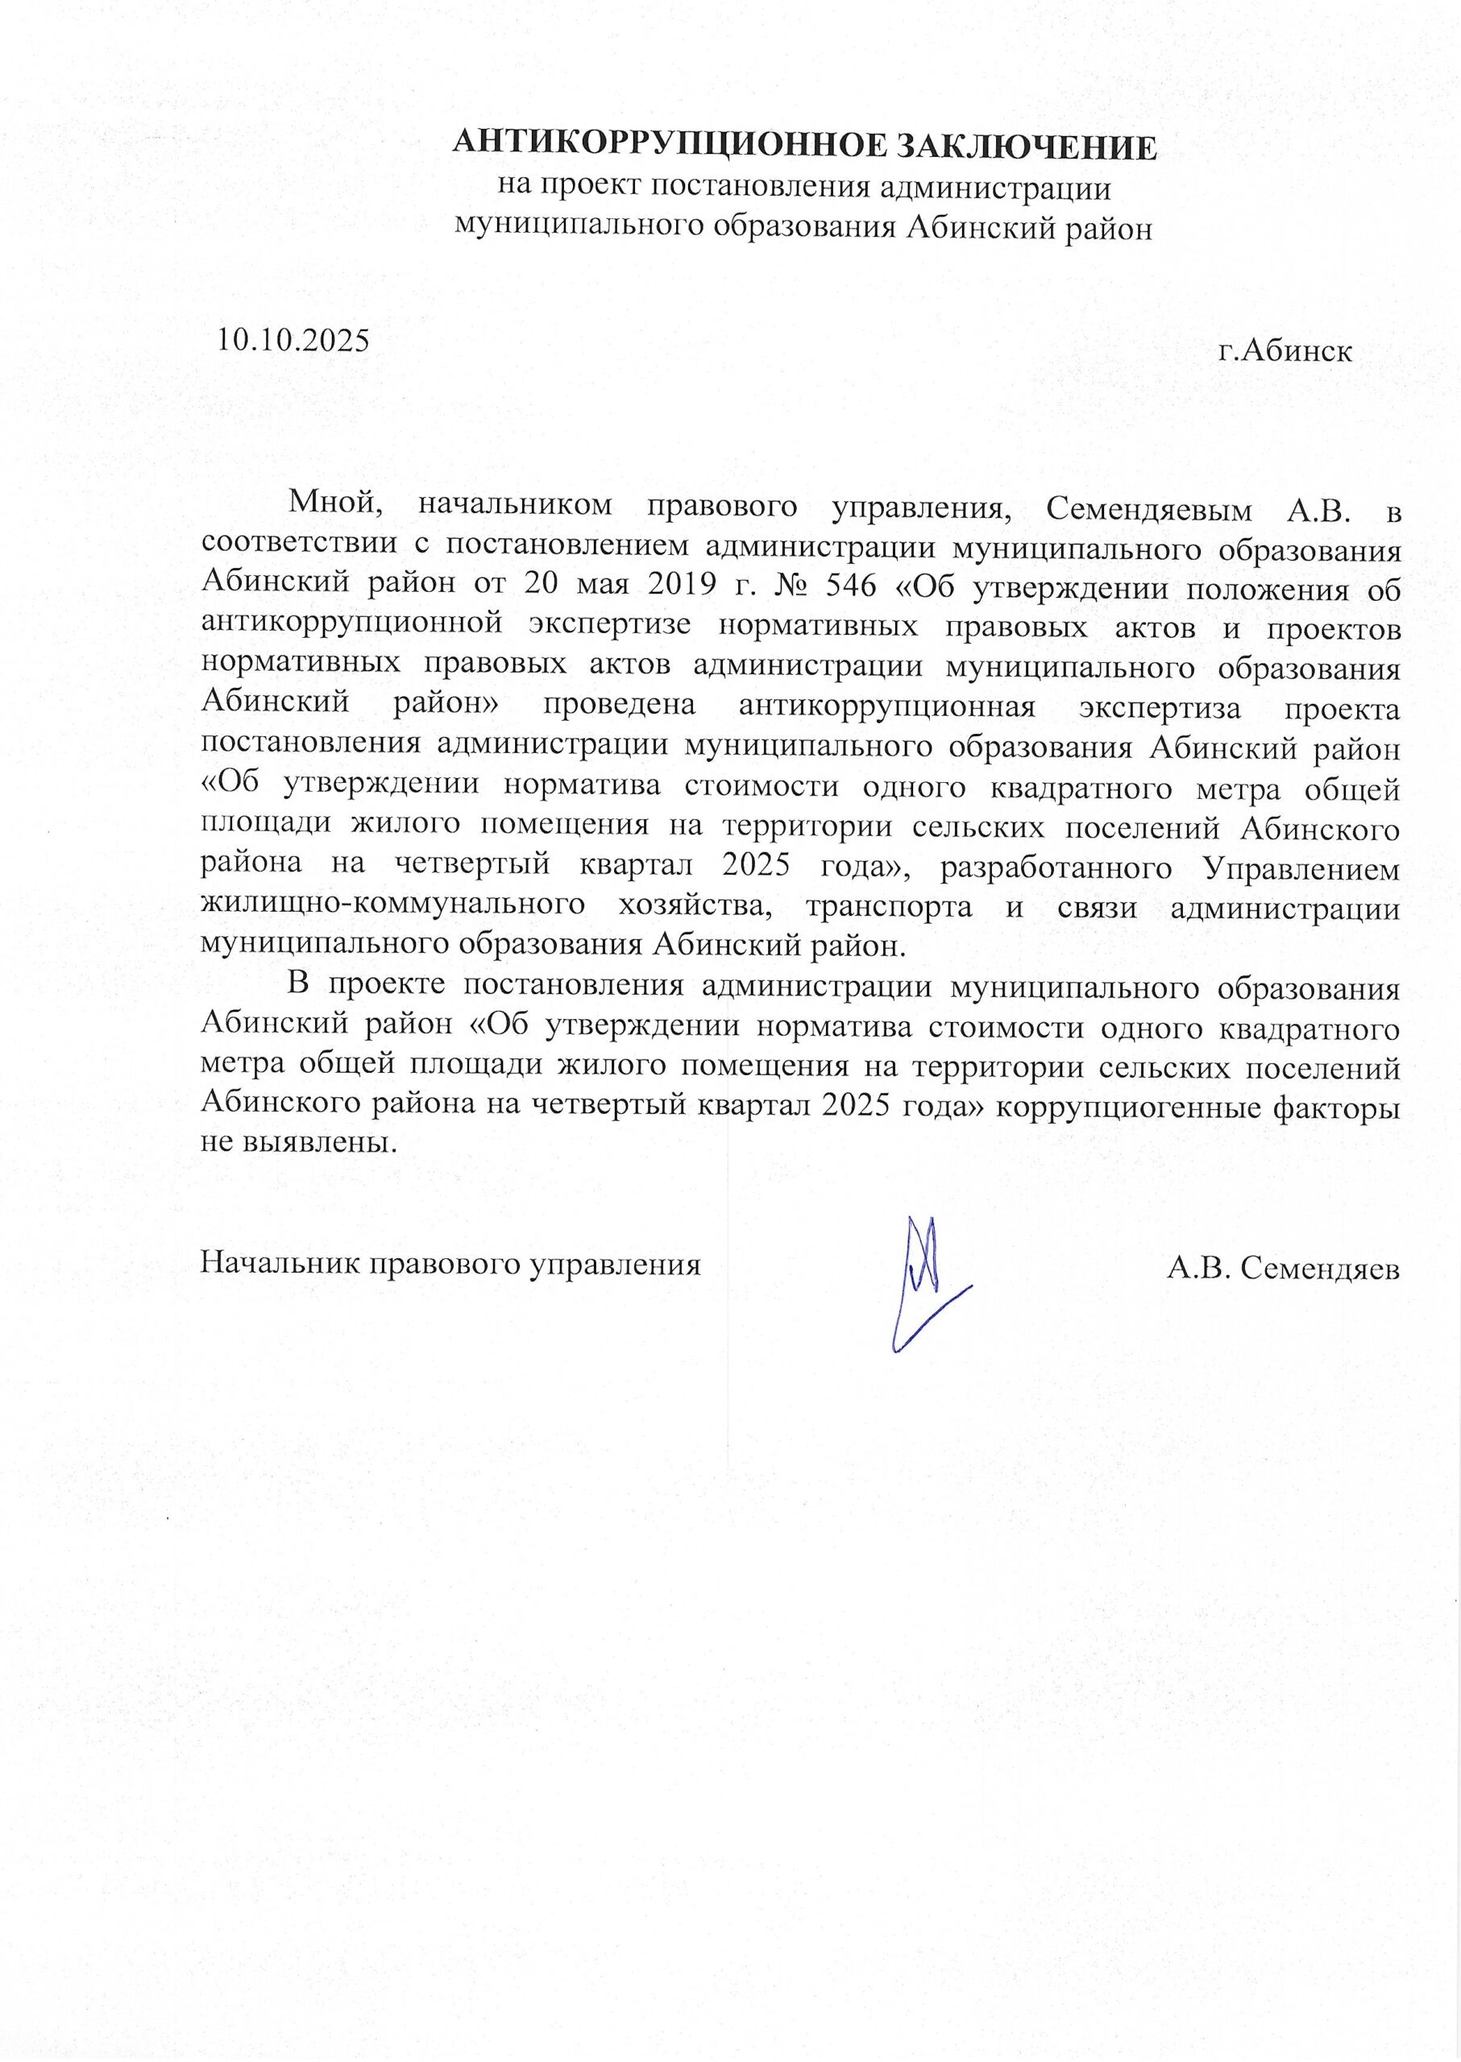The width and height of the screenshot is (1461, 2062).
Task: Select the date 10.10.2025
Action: click(294, 339)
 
